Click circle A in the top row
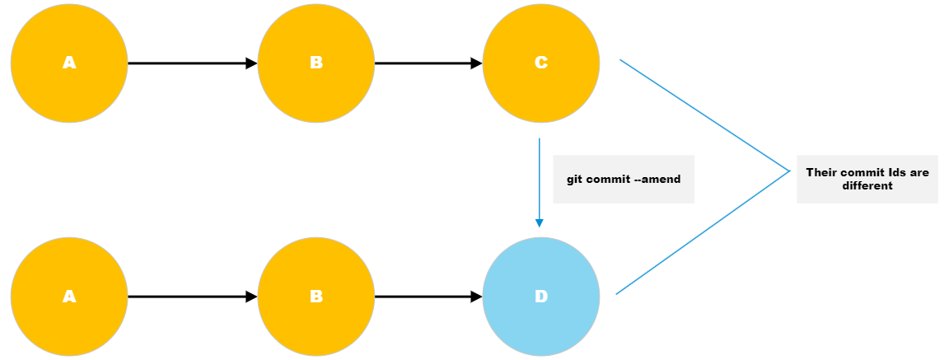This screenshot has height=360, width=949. point(69,63)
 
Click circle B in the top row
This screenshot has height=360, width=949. point(316,63)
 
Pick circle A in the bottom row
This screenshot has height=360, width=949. point(69,297)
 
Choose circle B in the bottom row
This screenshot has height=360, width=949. point(316,297)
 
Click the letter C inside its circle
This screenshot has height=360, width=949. point(541,63)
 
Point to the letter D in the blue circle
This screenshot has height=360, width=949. point(541,297)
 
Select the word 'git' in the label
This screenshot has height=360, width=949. point(575,179)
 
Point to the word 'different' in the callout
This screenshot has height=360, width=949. point(867,186)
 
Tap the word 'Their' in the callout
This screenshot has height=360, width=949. point(822,173)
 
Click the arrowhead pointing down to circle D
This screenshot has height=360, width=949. point(540,223)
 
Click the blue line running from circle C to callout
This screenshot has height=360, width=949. point(704,115)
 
